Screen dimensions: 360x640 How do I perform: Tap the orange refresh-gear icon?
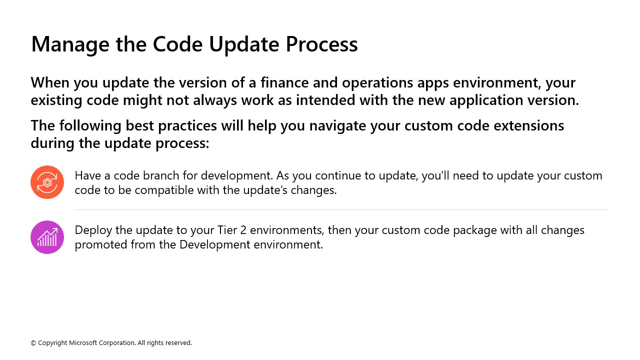coord(47,182)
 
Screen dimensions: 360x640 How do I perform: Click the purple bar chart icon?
coord(47,237)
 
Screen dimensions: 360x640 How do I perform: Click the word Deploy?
coord(90,230)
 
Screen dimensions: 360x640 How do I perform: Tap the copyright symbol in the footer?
coord(33,343)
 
